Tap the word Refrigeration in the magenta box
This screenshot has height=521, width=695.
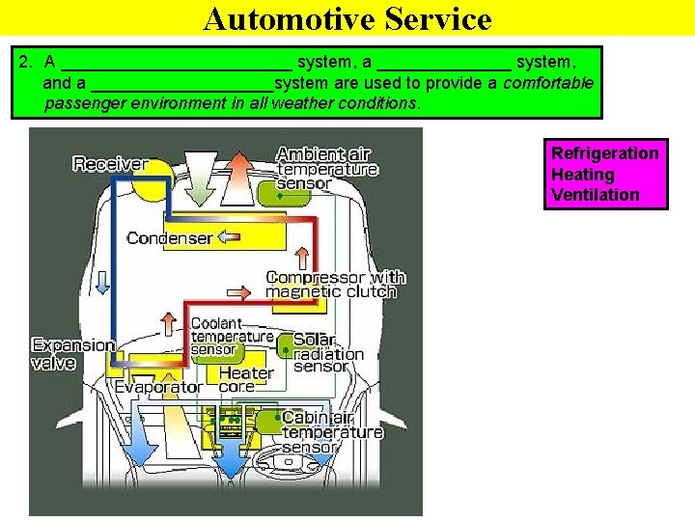click(x=604, y=153)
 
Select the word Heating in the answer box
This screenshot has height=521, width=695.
click(x=582, y=175)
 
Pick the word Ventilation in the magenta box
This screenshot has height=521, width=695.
click(x=595, y=195)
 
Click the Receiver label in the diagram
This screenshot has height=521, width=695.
click(x=110, y=164)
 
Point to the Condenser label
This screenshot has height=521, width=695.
click(x=169, y=238)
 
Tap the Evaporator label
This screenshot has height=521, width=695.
click(x=158, y=387)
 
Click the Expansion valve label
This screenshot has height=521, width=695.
click(x=72, y=354)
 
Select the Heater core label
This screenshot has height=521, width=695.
click(x=245, y=379)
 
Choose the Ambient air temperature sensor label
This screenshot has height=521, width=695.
click(x=325, y=169)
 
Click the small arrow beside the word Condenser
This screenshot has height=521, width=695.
click(x=228, y=236)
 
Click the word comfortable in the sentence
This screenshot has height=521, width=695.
click(x=548, y=83)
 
